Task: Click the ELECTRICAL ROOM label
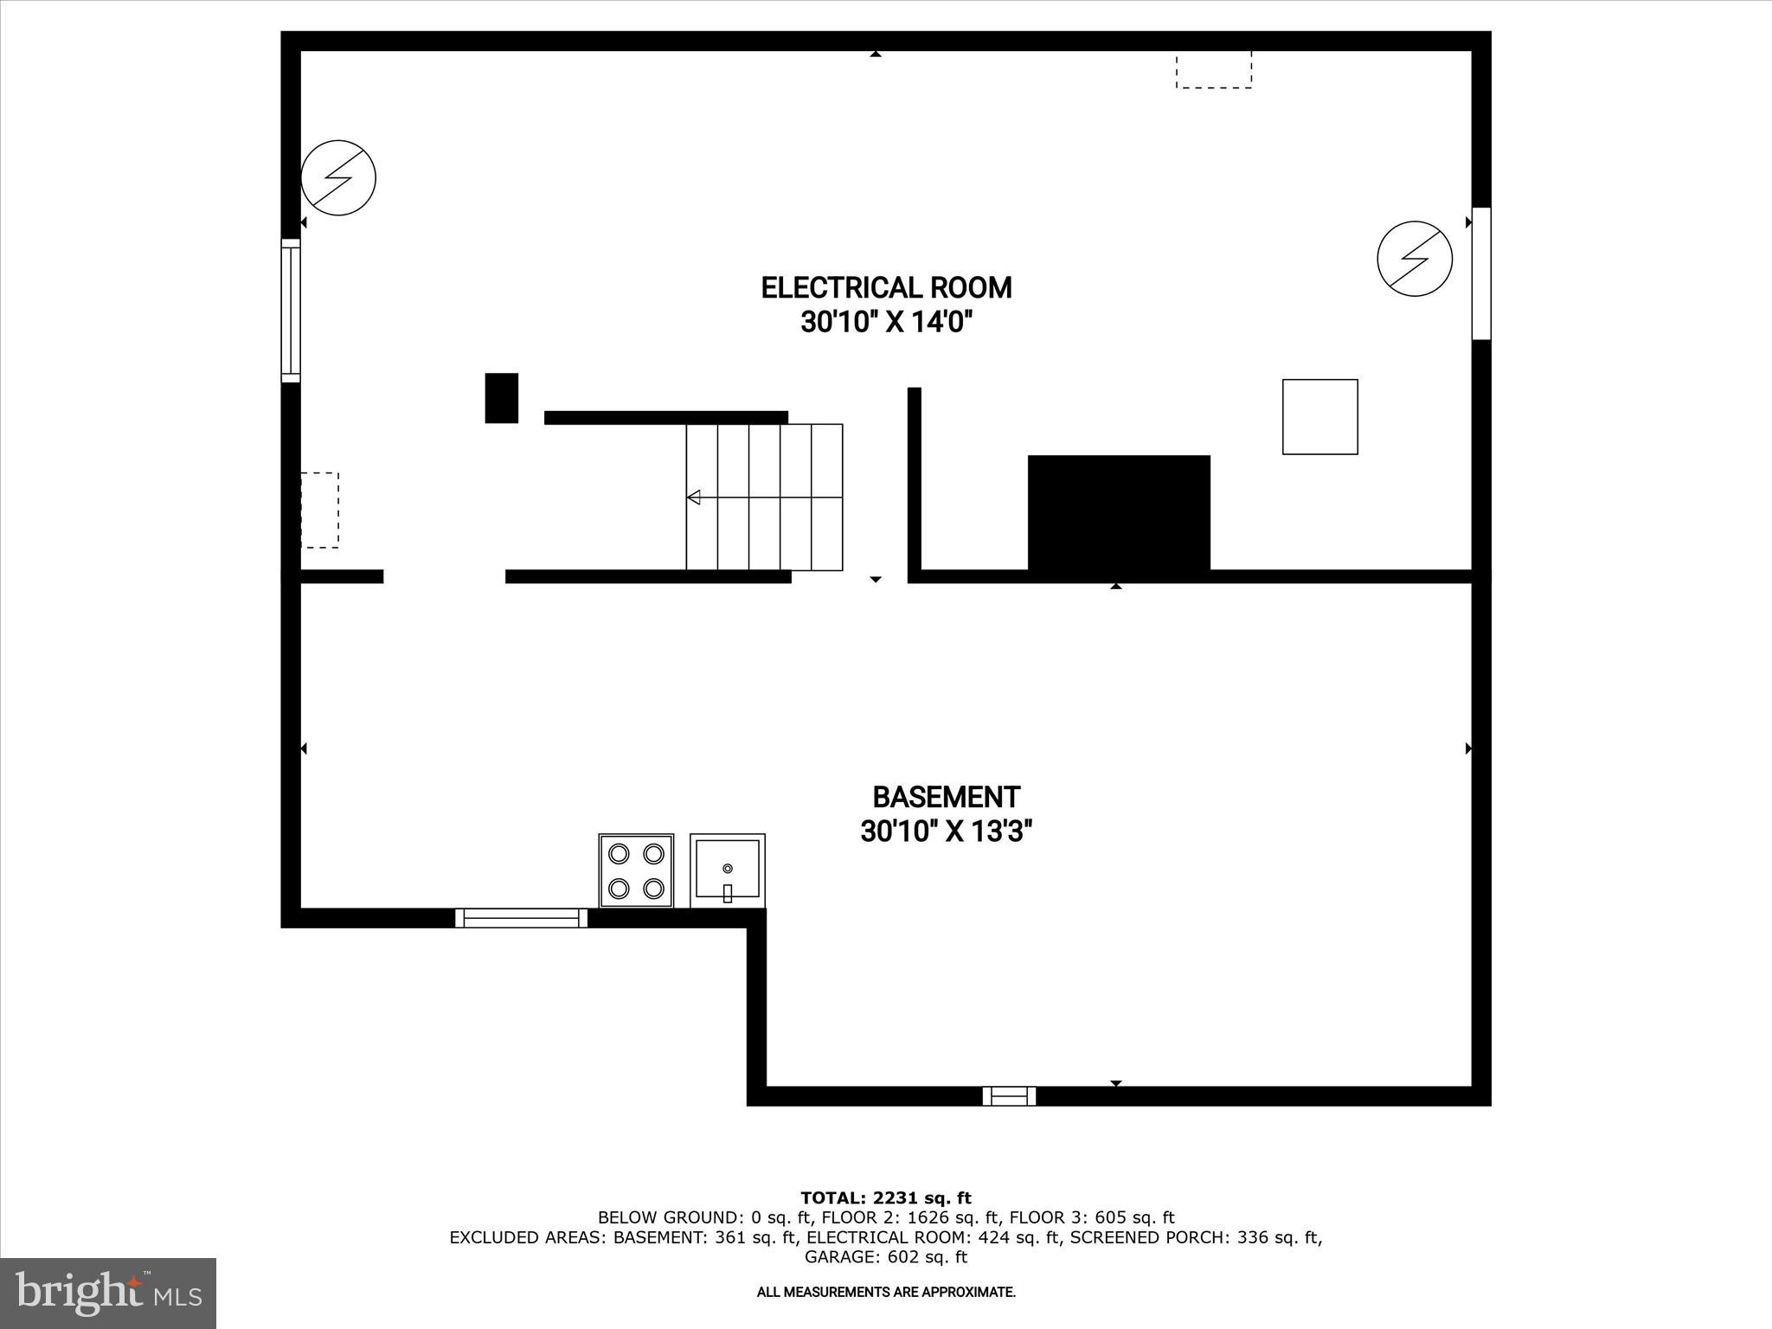886,287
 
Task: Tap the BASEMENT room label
946,797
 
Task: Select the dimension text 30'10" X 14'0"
886,323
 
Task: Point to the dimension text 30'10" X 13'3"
946,832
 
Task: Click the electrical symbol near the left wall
338,177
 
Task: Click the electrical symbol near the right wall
1415,259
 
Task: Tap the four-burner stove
636,870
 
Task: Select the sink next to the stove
728,870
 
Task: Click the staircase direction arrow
694,498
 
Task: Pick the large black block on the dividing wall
1119,513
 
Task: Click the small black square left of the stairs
501,398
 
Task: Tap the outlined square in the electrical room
1319,416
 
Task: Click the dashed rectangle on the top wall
1213,70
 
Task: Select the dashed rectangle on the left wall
319,510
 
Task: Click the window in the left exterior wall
291,311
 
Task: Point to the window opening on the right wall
1481,273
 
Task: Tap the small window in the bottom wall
1009,1096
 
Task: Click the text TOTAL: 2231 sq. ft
886,1198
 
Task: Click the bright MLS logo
108,1293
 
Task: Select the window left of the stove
521,918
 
